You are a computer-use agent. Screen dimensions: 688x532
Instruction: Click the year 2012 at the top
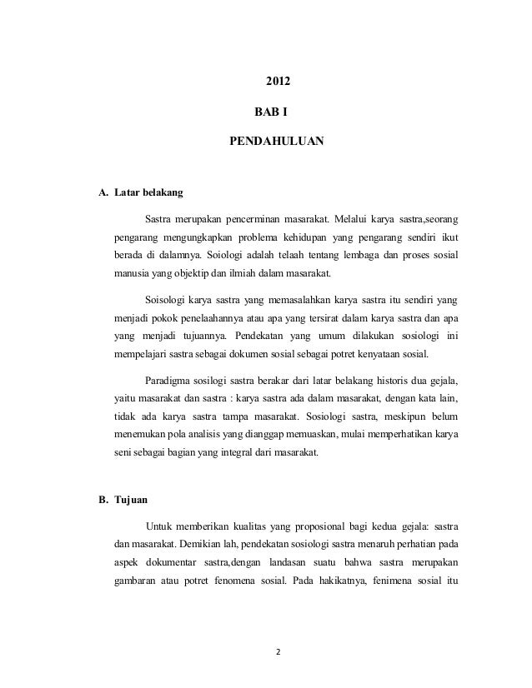[x=278, y=82]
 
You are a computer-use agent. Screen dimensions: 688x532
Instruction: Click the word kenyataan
[x=370, y=354]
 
